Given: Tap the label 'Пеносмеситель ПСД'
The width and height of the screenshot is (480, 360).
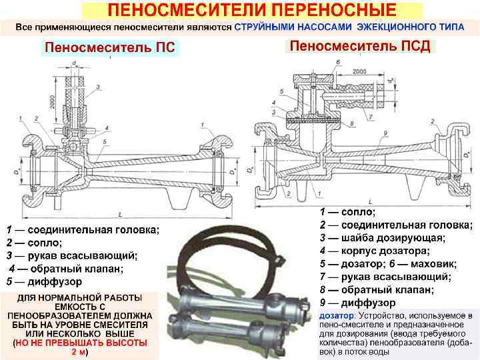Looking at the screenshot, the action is tap(360, 47).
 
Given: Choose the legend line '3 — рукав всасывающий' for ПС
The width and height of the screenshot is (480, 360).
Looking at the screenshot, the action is tap(72, 255).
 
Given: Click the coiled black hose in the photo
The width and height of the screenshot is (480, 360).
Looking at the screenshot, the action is tap(221, 247).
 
